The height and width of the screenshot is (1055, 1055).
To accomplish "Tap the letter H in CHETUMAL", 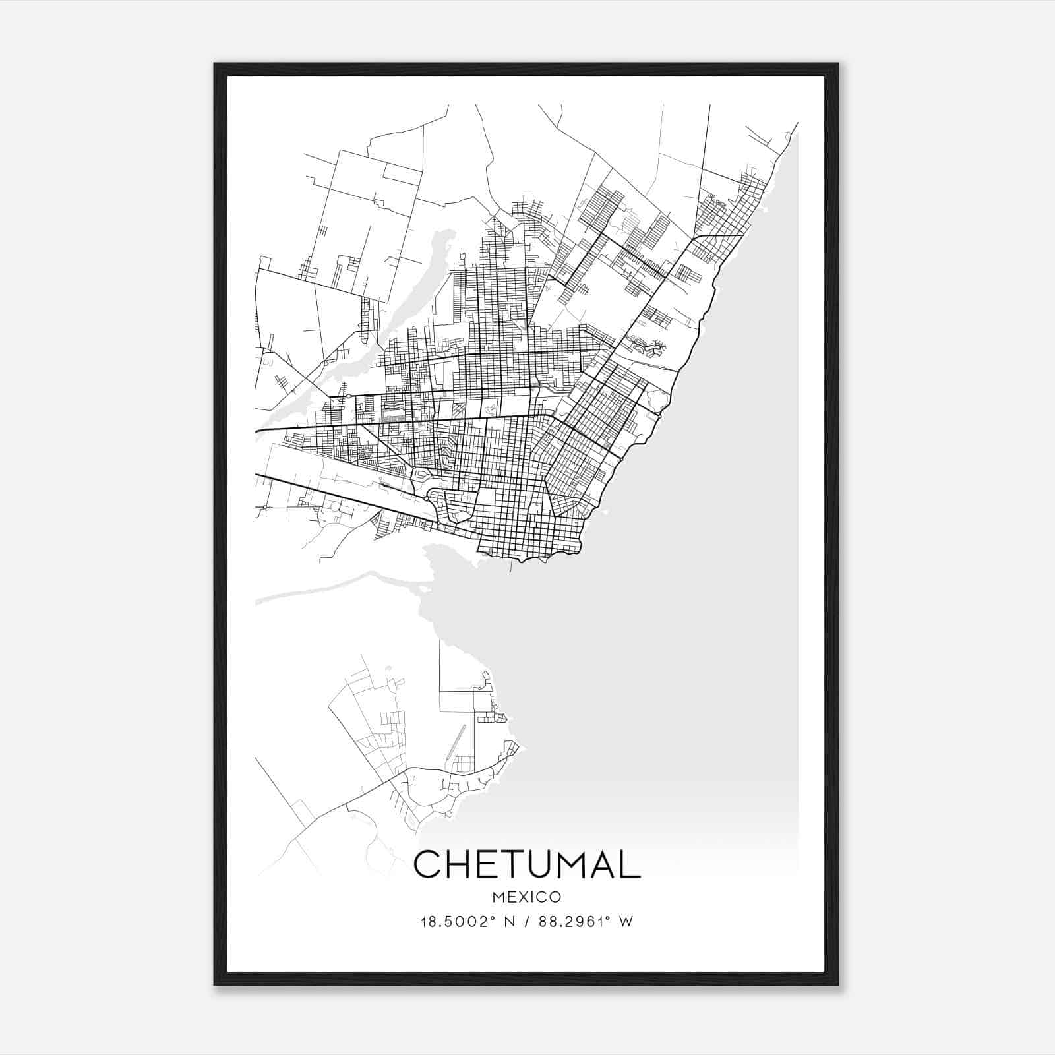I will pyautogui.click(x=464, y=864).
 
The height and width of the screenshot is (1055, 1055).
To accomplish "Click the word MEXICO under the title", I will pyautogui.click(x=527, y=897).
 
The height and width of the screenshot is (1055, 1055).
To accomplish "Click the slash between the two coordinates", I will pyautogui.click(x=526, y=922).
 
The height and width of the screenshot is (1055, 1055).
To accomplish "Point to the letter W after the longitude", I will pyautogui.click(x=626, y=922).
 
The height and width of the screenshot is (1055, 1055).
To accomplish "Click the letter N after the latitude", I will pyautogui.click(x=508, y=922).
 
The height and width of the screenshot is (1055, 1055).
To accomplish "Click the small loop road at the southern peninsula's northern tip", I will pyautogui.click(x=485, y=677).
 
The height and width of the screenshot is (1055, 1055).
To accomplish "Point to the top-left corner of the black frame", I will pyautogui.click(x=215, y=65).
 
